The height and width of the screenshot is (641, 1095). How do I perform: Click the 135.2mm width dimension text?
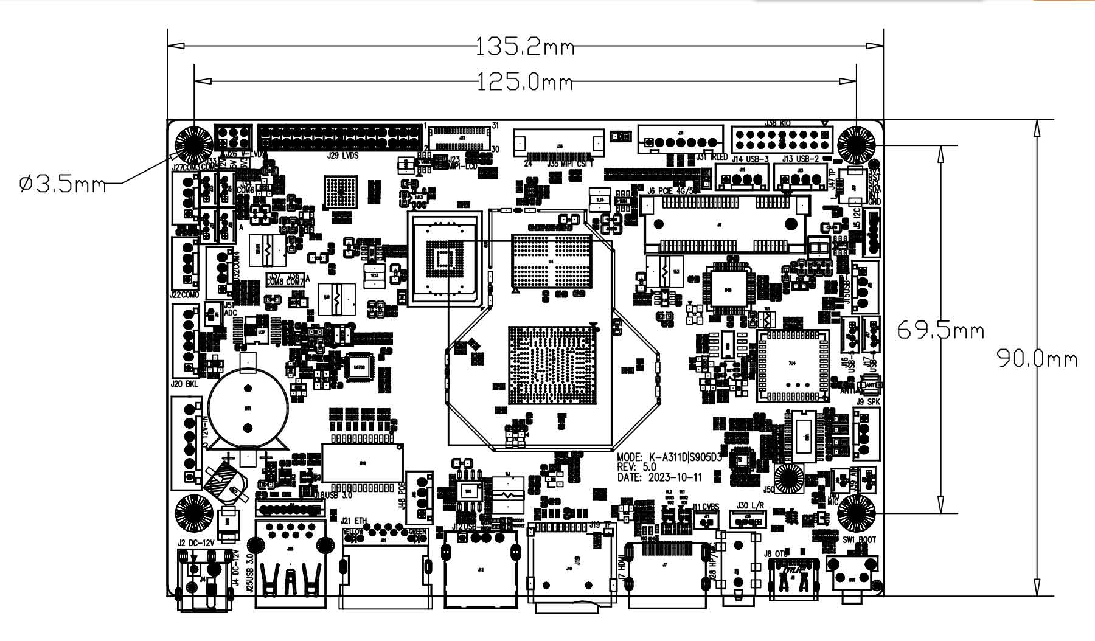tap(524, 46)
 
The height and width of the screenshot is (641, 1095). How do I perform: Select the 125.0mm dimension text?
tap(524, 81)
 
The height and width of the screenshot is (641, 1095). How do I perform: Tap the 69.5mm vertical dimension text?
tap(940, 330)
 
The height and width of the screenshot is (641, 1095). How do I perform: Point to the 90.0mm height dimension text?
tap(1037, 359)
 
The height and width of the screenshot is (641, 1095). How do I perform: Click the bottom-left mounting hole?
tap(193, 513)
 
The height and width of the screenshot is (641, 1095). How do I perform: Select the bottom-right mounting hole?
tap(856, 513)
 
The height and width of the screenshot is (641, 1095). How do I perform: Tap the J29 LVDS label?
tap(342, 156)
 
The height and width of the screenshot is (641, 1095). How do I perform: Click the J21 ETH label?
tap(354, 521)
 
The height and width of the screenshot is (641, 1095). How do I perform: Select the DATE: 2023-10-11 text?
tap(659, 477)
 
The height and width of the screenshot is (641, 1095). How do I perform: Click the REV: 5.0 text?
tap(636, 467)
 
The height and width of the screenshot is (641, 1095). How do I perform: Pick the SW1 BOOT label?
tap(859, 539)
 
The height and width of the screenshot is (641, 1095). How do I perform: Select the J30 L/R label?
tap(750, 505)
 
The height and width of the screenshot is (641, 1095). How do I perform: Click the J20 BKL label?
tap(184, 384)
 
